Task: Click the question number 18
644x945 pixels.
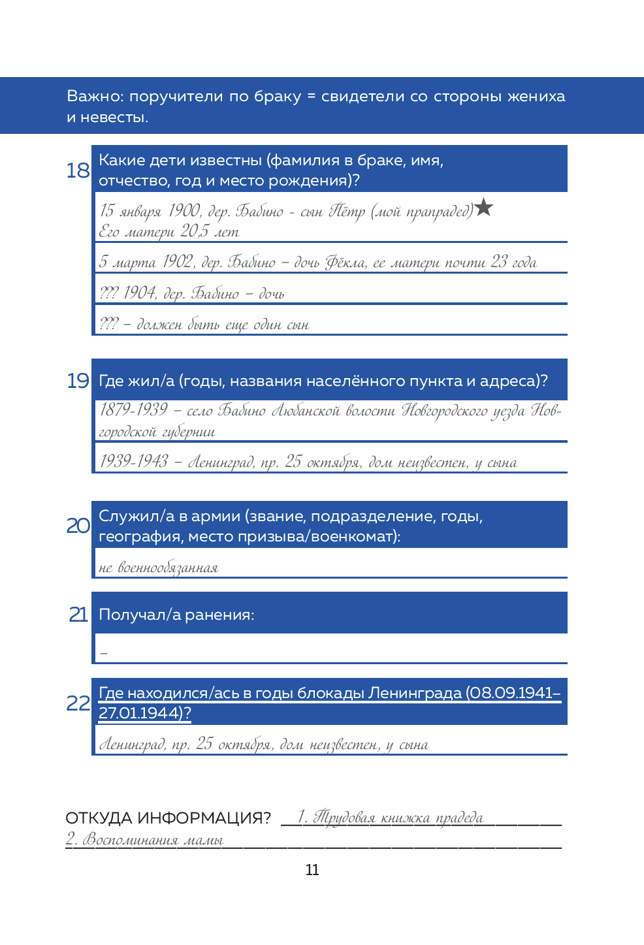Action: pyautogui.click(x=78, y=170)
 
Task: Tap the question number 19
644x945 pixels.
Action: pyautogui.click(x=78, y=381)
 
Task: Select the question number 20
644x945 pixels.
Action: pyautogui.click(x=78, y=526)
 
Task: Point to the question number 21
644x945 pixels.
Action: pyautogui.click(x=78, y=615)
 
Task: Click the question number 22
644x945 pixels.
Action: pyautogui.click(x=78, y=703)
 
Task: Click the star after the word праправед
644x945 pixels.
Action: pyautogui.click(x=484, y=208)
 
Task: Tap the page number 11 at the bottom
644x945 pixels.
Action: pyautogui.click(x=312, y=870)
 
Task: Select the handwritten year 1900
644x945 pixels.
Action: pyautogui.click(x=184, y=210)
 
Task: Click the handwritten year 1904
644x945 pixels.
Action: pyautogui.click(x=139, y=293)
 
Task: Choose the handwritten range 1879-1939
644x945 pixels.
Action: pyautogui.click(x=134, y=410)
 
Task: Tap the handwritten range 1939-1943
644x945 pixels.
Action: pyautogui.click(x=134, y=462)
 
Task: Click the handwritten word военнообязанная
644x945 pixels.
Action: pyautogui.click(x=168, y=568)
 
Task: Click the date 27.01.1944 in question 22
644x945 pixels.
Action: pyautogui.click(x=140, y=713)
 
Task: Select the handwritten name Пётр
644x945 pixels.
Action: pyautogui.click(x=347, y=211)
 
